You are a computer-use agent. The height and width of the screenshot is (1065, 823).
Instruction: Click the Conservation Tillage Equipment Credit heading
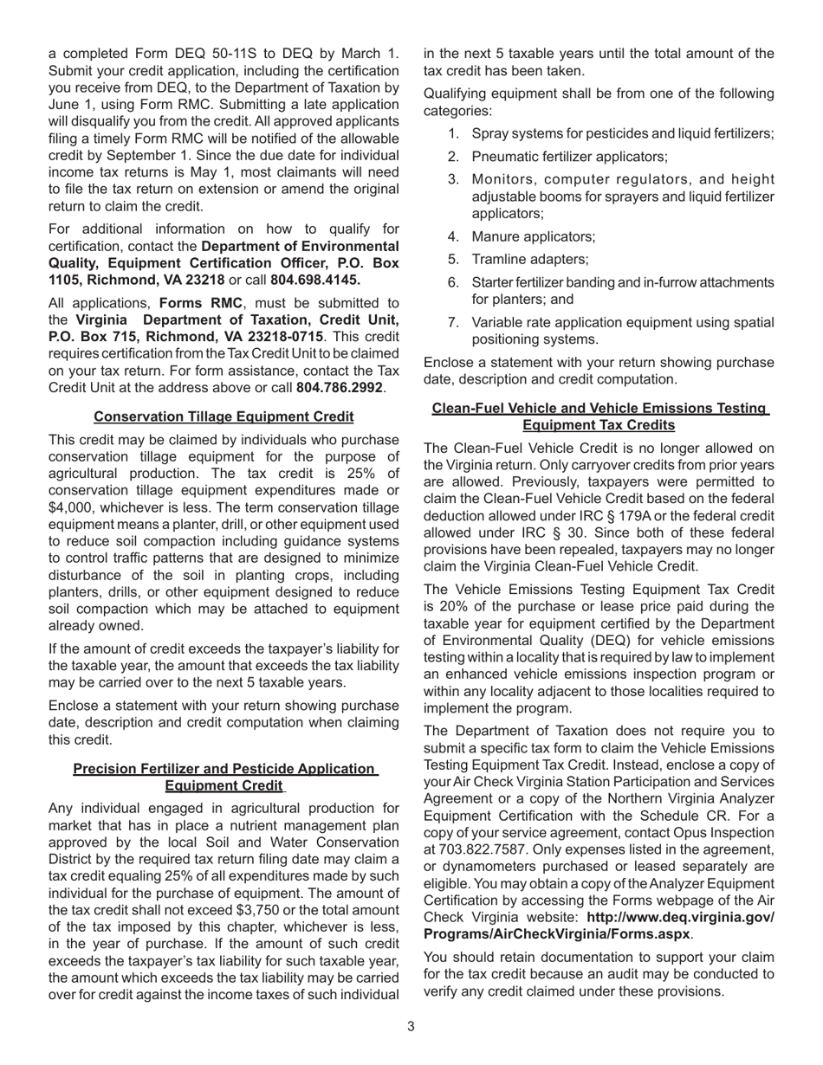[x=224, y=416]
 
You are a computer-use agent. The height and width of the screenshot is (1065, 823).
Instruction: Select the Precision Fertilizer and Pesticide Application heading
[x=224, y=777]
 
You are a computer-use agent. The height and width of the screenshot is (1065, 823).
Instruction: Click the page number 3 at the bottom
[x=411, y=1026]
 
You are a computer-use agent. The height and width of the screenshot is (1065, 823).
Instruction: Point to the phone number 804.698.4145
[x=315, y=280]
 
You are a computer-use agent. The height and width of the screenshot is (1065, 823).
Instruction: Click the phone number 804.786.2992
[x=340, y=387]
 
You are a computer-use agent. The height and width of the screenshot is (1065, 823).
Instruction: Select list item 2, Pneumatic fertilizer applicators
[x=569, y=157]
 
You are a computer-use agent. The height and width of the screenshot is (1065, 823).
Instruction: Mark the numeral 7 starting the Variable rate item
[x=453, y=322]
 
